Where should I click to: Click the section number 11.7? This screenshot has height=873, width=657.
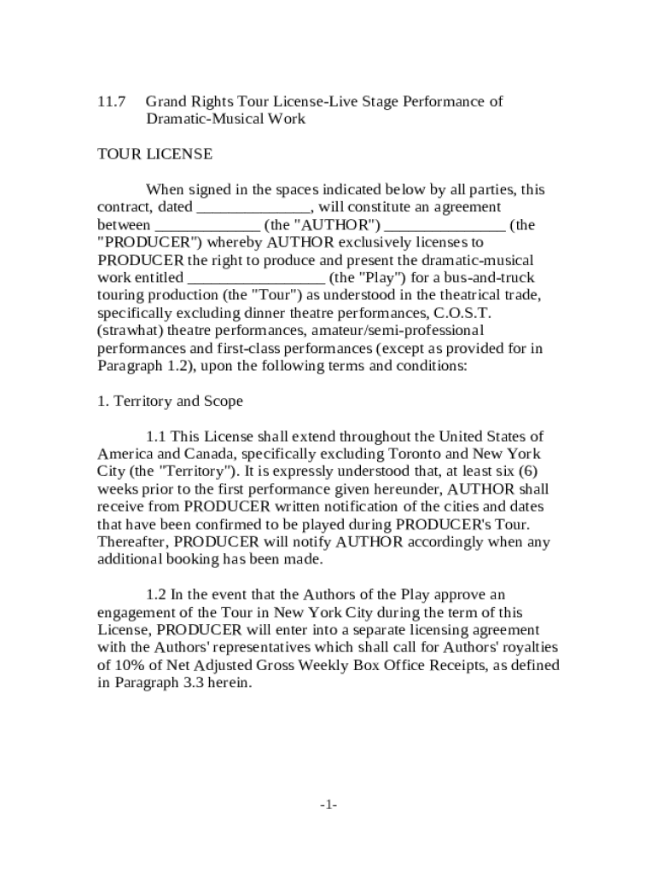coord(111,101)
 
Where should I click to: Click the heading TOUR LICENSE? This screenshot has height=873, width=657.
coord(154,154)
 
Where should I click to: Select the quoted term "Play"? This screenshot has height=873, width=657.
coord(369,278)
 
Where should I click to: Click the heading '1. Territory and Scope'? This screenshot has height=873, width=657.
coord(170,401)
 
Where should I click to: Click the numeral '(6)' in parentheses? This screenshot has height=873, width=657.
coord(524,471)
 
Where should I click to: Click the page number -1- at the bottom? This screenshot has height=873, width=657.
coord(328,805)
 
